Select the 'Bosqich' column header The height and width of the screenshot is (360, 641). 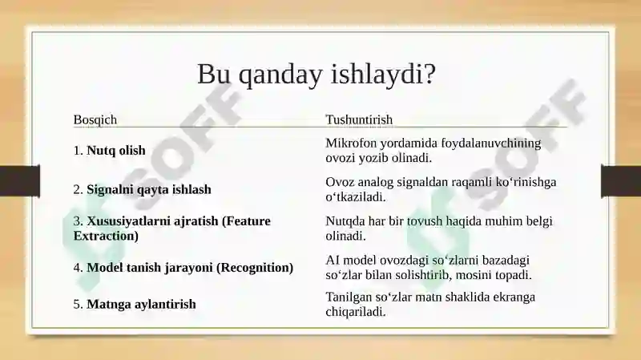[95, 119]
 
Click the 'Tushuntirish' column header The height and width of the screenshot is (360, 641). [359, 119]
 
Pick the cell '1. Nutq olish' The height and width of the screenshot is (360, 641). [110, 150]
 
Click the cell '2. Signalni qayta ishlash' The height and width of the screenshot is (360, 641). [143, 189]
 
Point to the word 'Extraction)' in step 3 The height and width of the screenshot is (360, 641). [106, 236]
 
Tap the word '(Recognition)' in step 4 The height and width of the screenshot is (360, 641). [255, 268]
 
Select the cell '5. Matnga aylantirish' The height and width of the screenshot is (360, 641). [135, 304]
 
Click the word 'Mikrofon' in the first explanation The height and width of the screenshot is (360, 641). [351, 144]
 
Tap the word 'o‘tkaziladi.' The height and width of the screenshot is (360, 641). [356, 196]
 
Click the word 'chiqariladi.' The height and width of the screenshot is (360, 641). [356, 312]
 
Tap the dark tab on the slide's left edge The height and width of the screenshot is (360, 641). [20, 181]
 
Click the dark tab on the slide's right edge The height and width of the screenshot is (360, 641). [621, 181]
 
